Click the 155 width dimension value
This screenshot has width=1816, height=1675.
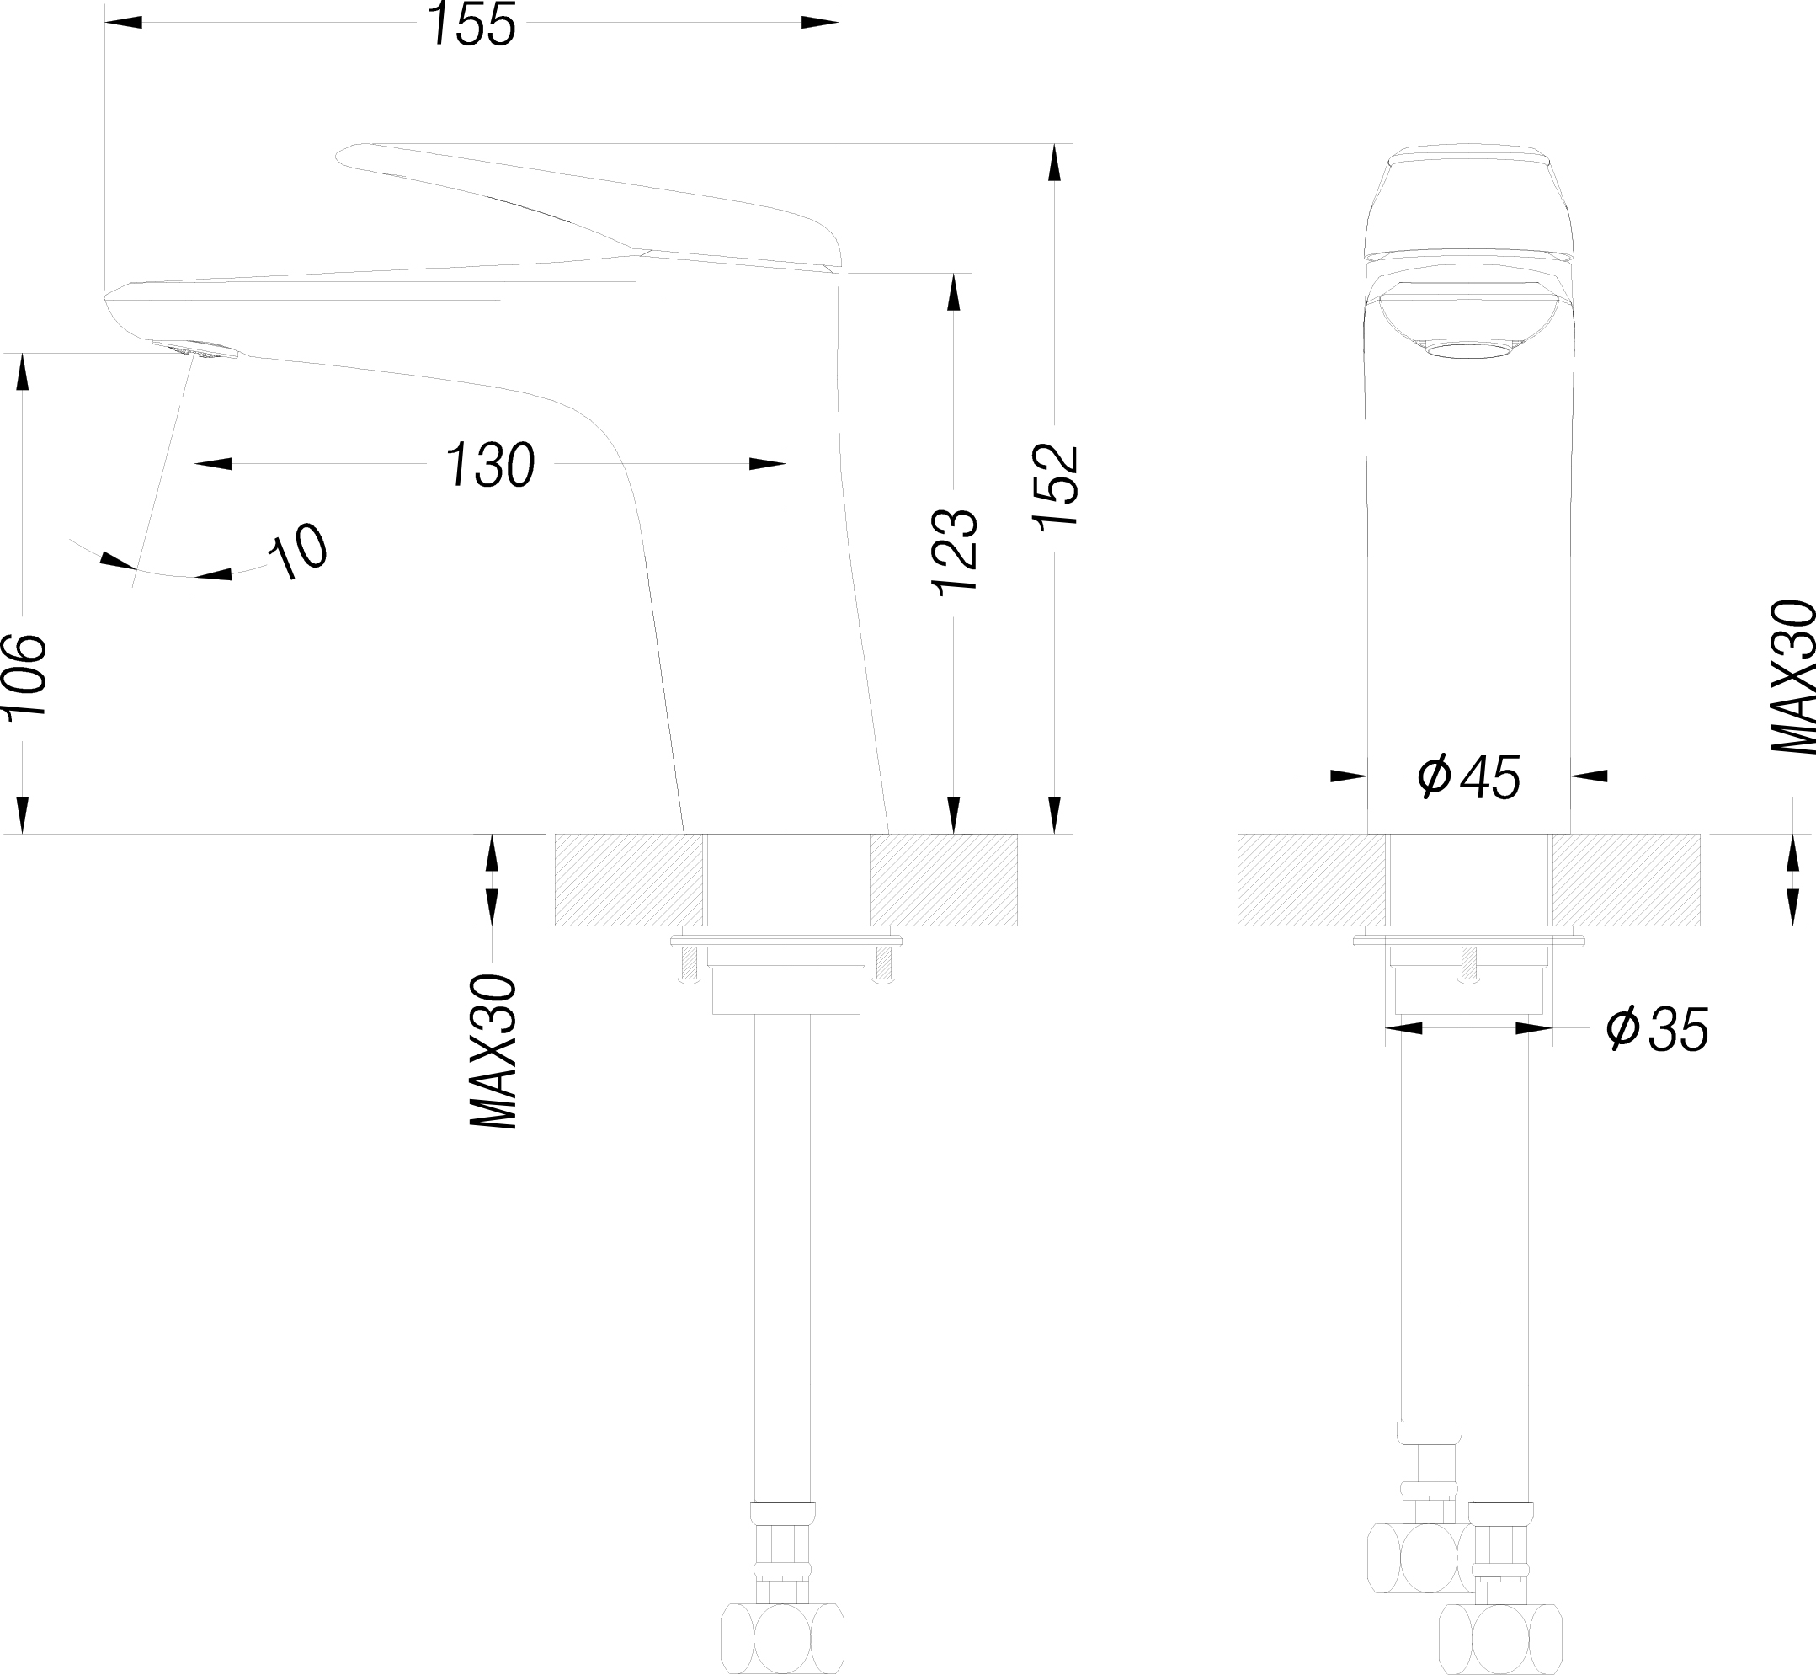click(x=472, y=24)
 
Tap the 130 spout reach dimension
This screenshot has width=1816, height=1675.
click(x=489, y=466)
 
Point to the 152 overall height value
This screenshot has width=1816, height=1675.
click(x=1056, y=487)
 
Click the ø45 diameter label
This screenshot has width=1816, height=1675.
click(x=1468, y=776)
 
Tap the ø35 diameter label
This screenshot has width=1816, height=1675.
click(x=1658, y=1029)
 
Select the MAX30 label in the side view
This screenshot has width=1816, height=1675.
click(x=491, y=1053)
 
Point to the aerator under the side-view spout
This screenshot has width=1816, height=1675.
click(x=194, y=349)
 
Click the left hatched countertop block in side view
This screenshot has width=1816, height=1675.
click(x=628, y=880)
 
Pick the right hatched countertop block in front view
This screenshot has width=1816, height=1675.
click(x=1626, y=880)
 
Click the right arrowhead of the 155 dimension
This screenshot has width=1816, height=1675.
click(x=819, y=23)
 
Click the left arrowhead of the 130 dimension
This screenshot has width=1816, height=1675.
click(x=213, y=464)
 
